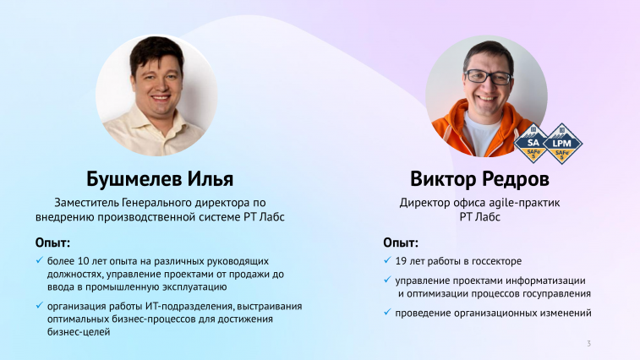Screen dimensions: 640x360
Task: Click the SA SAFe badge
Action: click(x=533, y=144)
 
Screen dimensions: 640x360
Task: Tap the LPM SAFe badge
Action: click(x=562, y=144)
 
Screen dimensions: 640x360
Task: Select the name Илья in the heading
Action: click(x=211, y=179)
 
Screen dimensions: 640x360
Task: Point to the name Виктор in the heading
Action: click(x=443, y=179)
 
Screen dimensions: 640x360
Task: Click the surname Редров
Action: click(x=515, y=179)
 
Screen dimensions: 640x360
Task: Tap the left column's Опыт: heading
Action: click(x=52, y=243)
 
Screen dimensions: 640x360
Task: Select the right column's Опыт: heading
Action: click(x=401, y=243)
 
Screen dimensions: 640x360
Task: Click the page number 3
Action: click(x=588, y=344)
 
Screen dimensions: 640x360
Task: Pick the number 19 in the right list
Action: click(x=401, y=261)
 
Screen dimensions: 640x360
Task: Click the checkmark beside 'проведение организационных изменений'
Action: click(x=387, y=312)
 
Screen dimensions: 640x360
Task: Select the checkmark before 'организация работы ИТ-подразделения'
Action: click(x=39, y=305)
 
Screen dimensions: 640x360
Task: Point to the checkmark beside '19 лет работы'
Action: click(x=387, y=260)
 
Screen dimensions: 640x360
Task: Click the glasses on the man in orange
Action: click(x=488, y=77)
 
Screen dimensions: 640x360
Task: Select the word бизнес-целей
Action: click(x=79, y=331)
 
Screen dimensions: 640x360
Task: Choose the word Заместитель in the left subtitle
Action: click(x=86, y=203)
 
